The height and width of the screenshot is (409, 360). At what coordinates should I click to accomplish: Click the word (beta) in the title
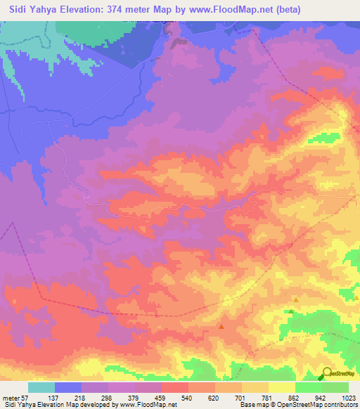tap(285, 10)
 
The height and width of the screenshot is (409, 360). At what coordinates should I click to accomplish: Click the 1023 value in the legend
tap(348, 398)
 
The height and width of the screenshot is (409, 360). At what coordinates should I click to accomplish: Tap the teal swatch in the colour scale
tap(41, 387)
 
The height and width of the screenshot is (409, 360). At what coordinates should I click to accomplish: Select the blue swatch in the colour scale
tap(68, 387)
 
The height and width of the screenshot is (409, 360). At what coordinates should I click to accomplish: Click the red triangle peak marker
tap(222, 326)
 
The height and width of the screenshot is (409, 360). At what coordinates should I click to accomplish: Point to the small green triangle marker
tap(291, 311)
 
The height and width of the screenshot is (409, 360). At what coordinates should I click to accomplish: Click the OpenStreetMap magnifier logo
tap(328, 373)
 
